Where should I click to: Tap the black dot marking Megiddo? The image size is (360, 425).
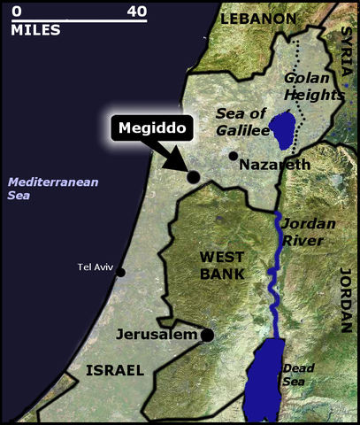pyautogui.click(x=194, y=177)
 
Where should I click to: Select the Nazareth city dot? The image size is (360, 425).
pyautogui.click(x=234, y=156)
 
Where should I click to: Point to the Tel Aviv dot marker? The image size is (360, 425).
pyautogui.click(x=121, y=272)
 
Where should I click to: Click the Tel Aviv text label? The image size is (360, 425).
pyautogui.click(x=96, y=267)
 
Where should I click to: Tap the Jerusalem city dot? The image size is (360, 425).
pyautogui.click(x=207, y=335)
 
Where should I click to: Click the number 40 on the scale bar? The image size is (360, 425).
pyautogui.click(x=136, y=12)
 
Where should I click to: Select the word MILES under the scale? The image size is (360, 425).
pyautogui.click(x=35, y=30)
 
